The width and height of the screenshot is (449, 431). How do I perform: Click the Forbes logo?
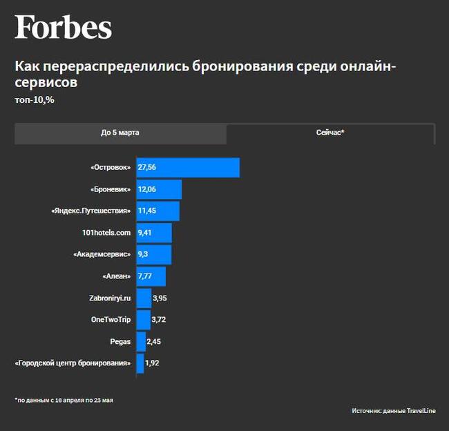click(x=63, y=28)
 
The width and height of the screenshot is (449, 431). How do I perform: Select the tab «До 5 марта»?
click(x=120, y=132)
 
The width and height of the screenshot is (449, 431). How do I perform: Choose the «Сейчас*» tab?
click(x=329, y=132)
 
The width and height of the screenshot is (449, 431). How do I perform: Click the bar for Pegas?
click(x=141, y=341)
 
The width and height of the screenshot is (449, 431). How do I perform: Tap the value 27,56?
click(x=147, y=168)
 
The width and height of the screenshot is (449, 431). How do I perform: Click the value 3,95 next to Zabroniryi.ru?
click(x=160, y=298)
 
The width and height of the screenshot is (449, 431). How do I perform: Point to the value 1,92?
click(x=153, y=363)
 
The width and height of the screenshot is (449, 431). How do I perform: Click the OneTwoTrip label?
click(x=111, y=320)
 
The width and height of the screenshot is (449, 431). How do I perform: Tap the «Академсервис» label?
click(x=102, y=255)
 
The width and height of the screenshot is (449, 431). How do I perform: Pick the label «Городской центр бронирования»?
click(x=73, y=363)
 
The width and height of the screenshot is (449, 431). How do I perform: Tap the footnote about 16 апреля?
click(x=64, y=400)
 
